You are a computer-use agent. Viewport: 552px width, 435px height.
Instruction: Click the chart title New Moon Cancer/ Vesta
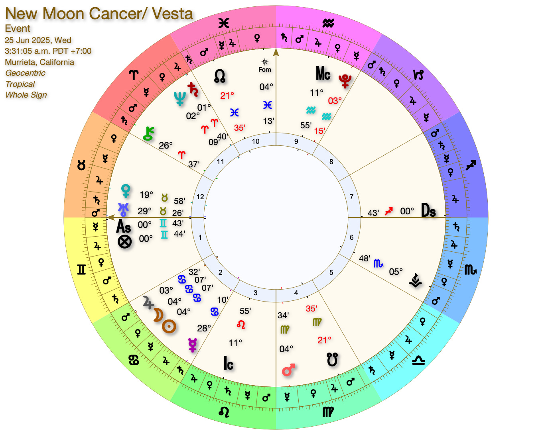tap(99, 14)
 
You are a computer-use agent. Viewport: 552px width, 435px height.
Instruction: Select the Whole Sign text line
tap(26, 95)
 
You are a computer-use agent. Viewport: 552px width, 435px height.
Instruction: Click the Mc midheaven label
tap(323, 74)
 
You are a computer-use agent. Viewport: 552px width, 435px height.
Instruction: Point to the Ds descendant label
tap(428, 210)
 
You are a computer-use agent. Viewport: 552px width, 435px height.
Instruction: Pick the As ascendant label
tap(123, 227)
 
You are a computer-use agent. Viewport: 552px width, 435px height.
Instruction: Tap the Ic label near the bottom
tap(228, 363)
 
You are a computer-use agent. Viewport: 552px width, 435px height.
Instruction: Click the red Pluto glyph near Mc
tap(344, 81)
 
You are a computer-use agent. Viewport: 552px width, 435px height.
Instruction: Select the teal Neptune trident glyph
tap(179, 99)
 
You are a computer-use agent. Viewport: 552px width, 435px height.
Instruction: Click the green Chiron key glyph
tap(148, 134)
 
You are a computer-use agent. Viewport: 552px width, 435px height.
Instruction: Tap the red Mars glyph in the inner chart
tap(288, 370)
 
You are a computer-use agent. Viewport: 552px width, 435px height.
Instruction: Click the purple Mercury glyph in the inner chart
tap(193, 345)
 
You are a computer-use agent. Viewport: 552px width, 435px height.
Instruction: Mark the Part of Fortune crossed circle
tap(124, 241)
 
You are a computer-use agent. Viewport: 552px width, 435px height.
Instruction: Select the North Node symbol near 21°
tap(219, 75)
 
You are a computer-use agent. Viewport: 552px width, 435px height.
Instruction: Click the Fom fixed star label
tap(264, 69)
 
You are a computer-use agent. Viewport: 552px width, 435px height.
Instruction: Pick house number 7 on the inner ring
tap(351, 196)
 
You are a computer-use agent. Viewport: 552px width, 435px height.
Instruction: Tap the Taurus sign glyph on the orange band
tap(81, 165)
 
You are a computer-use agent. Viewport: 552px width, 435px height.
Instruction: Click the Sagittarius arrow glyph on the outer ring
tap(471, 165)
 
